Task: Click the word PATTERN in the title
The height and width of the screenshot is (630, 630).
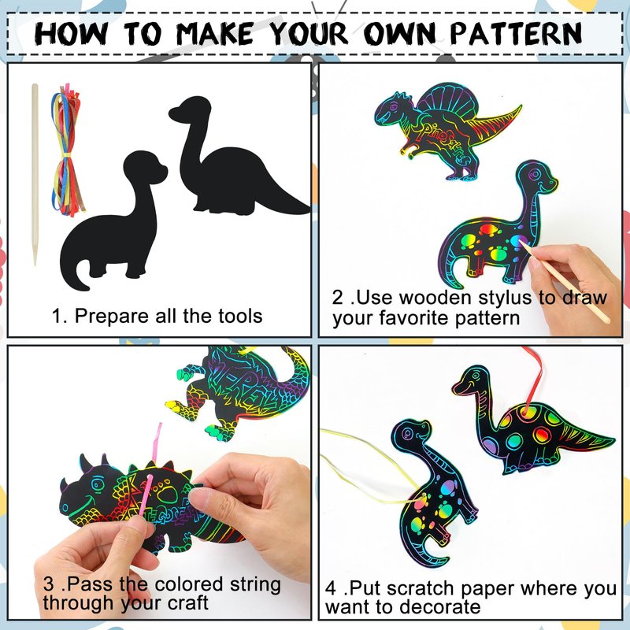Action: (516, 33)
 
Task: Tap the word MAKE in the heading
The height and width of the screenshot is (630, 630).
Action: (214, 33)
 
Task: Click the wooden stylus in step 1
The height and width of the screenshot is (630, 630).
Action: (35, 174)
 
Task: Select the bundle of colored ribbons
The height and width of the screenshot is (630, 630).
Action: (67, 150)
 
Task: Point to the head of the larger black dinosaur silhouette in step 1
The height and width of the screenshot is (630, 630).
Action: (191, 109)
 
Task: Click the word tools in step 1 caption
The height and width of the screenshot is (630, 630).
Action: (240, 316)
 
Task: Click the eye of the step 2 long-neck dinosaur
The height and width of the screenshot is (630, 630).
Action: (535, 175)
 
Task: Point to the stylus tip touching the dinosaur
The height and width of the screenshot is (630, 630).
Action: (521, 243)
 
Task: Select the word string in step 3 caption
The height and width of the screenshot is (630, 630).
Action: (255, 584)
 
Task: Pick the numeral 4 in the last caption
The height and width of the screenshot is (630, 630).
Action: (331, 588)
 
